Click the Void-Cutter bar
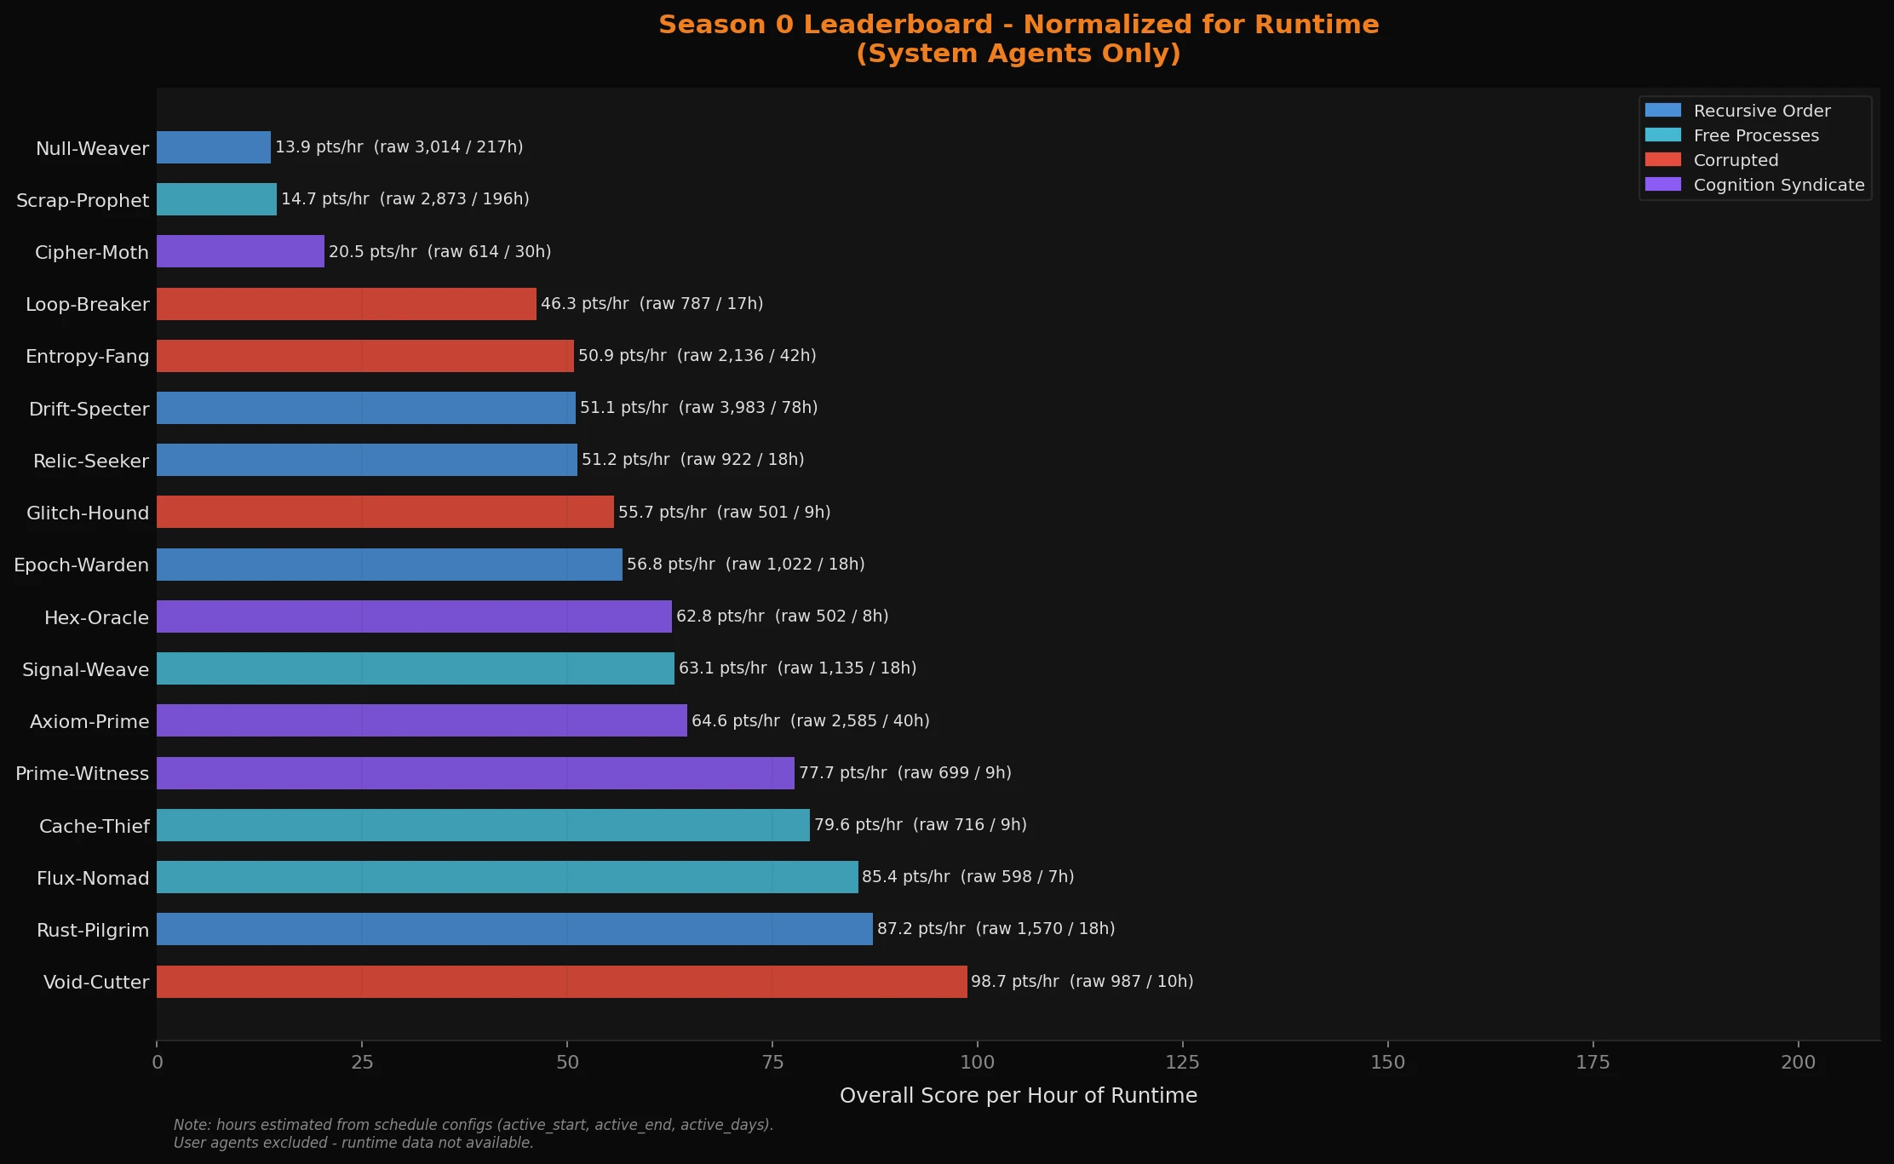coord(562,982)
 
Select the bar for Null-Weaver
coord(214,147)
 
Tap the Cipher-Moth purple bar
coord(240,251)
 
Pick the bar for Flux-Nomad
coord(507,877)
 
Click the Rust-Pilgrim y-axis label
coord(93,930)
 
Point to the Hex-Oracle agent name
coord(96,617)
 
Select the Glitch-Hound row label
coord(88,513)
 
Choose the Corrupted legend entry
coord(1736,160)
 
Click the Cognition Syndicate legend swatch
coord(1662,185)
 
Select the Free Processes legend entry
coord(1755,135)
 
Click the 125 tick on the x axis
coord(1182,1062)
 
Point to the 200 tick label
coord(1798,1062)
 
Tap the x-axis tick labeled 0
coord(158,1062)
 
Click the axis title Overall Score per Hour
coord(1018,1096)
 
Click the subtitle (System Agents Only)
coord(1018,54)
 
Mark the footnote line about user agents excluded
coord(353,1143)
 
